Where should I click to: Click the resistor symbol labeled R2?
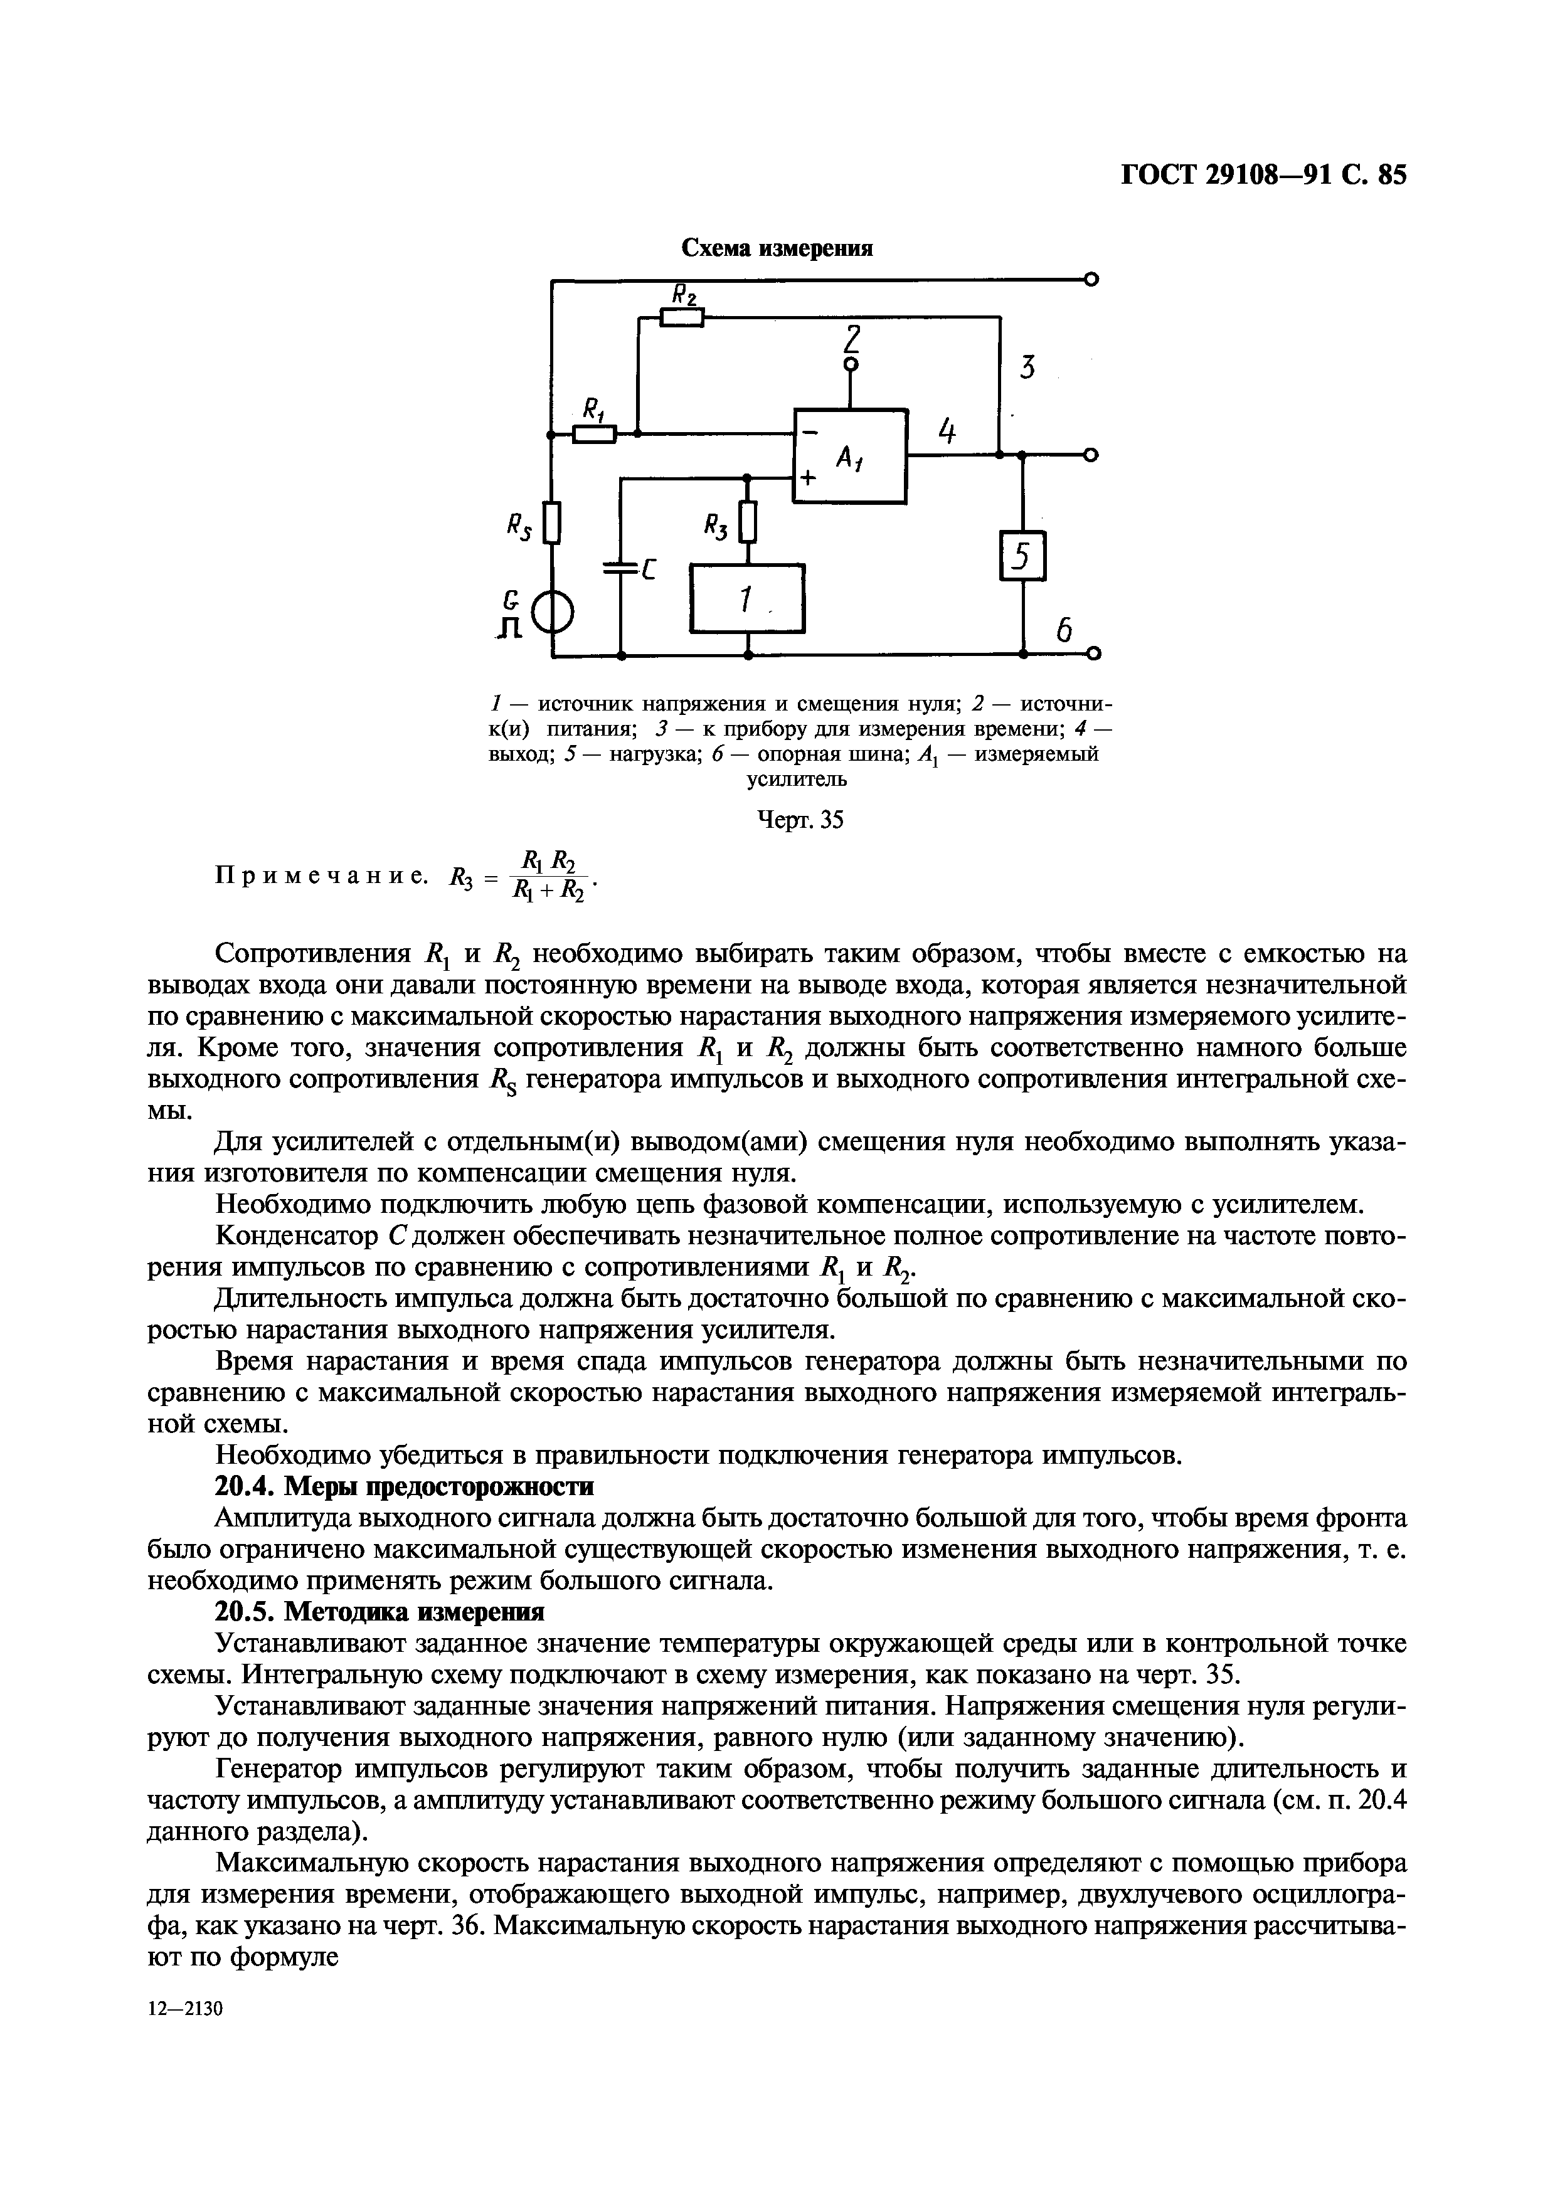pyautogui.click(x=681, y=317)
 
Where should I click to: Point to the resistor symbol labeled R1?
pyautogui.click(x=594, y=434)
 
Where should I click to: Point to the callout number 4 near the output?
pyautogui.click(x=947, y=431)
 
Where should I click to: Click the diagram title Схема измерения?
pyautogui.click(x=777, y=248)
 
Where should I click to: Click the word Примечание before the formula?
pyautogui.click(x=321, y=875)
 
